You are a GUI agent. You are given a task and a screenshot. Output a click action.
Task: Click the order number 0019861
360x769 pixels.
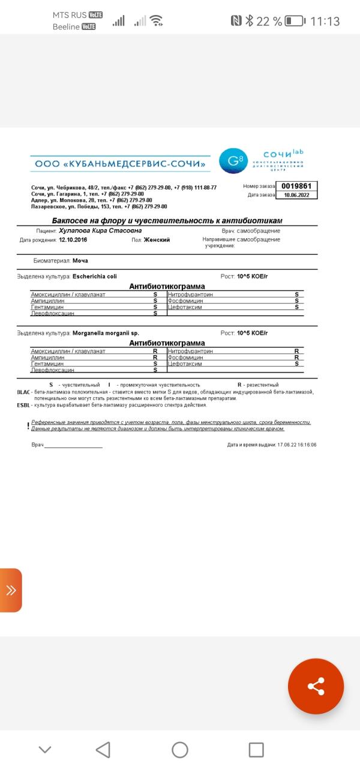pyautogui.click(x=296, y=186)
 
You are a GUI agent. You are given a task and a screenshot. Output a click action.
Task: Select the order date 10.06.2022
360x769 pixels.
pyautogui.click(x=296, y=195)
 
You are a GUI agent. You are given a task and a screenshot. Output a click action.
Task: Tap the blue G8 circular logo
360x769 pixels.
pyautogui.click(x=232, y=160)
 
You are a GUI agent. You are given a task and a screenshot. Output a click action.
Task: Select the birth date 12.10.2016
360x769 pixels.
pyautogui.click(x=73, y=239)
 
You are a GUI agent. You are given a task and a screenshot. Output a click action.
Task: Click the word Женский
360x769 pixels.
pyautogui.click(x=157, y=239)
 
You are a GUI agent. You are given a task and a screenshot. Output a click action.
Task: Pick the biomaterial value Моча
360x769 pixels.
pyautogui.click(x=80, y=261)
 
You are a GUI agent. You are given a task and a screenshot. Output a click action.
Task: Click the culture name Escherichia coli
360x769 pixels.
pyautogui.click(x=94, y=277)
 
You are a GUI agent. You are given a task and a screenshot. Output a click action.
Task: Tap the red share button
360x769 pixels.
pyautogui.click(x=316, y=686)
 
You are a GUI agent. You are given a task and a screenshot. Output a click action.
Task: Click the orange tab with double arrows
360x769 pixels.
pyautogui.click(x=11, y=590)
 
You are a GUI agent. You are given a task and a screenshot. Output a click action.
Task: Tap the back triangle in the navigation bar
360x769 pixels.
pyautogui.click(x=103, y=749)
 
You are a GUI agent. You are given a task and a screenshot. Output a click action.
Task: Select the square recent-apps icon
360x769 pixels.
pyautogui.click(x=256, y=749)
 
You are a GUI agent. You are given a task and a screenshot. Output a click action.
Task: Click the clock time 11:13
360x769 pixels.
pyautogui.click(x=325, y=21)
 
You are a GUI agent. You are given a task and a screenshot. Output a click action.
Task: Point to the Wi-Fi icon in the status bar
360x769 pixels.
pyautogui.click(x=157, y=21)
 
